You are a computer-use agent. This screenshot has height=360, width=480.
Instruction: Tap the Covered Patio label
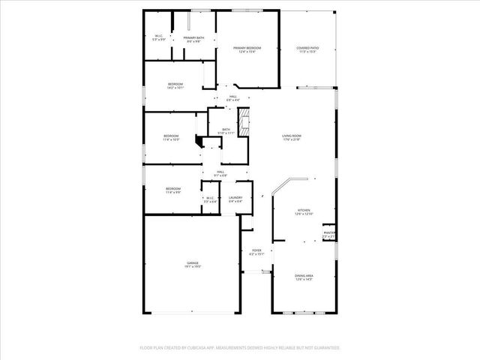tap(309, 49)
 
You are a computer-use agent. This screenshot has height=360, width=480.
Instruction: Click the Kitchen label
tap(304, 211)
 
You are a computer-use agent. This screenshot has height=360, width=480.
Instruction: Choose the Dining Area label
tap(304, 277)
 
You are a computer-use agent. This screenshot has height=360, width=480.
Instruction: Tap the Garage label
tap(193, 265)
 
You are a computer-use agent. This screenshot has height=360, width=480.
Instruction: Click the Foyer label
tap(256, 253)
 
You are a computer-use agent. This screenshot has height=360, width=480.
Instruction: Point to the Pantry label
tap(328, 235)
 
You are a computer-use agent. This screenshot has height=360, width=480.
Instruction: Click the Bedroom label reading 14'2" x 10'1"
tap(175, 85)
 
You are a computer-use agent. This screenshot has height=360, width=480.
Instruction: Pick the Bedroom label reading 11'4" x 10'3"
tap(172, 136)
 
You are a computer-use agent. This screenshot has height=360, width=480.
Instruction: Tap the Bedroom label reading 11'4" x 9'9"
tap(173, 190)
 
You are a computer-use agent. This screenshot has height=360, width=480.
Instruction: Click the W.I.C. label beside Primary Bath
tap(159, 37)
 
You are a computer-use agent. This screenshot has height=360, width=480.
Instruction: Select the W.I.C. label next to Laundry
tap(211, 199)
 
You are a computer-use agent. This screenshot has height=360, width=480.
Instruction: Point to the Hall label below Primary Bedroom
tap(233, 97)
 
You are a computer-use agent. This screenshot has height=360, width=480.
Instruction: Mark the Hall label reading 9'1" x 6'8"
tap(220, 174)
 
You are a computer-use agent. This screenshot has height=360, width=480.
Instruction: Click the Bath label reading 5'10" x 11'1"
tap(226, 131)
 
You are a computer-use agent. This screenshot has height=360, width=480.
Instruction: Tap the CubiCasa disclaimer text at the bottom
tap(240, 348)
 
